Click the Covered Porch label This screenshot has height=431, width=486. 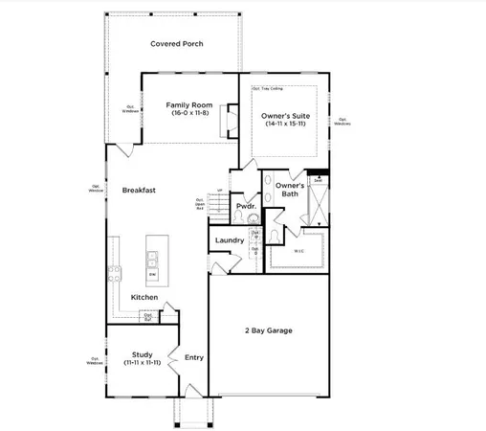pos(173,43)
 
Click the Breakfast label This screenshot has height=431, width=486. pos(139,190)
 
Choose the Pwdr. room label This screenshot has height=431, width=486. pos(245,206)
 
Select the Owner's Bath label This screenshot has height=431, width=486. pos(290,190)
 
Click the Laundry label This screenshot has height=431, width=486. pos(230,240)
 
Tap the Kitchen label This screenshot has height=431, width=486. pos(144,297)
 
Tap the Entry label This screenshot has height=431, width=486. pos(193,357)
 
